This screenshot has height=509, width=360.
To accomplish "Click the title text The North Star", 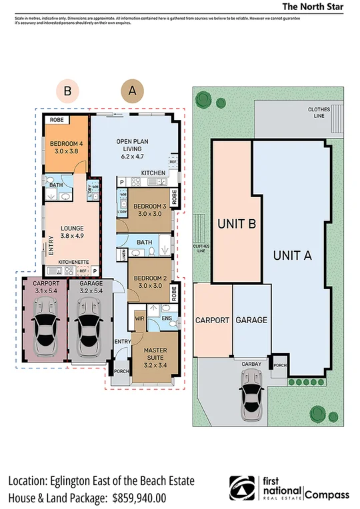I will (x=313, y=7).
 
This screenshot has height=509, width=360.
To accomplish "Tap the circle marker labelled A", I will (x=132, y=90).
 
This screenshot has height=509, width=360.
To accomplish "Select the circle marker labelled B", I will (x=67, y=90).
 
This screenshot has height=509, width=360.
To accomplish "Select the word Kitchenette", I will (x=73, y=262).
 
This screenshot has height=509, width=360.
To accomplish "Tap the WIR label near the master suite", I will (x=140, y=319).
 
